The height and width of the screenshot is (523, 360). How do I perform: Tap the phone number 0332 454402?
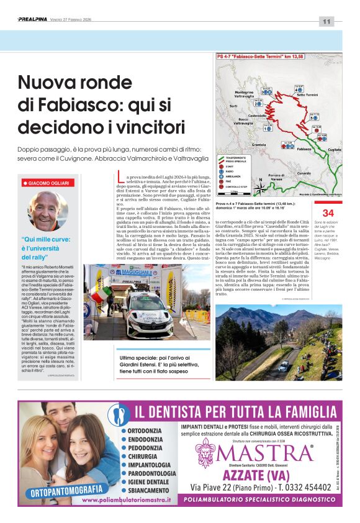pos(301,487)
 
